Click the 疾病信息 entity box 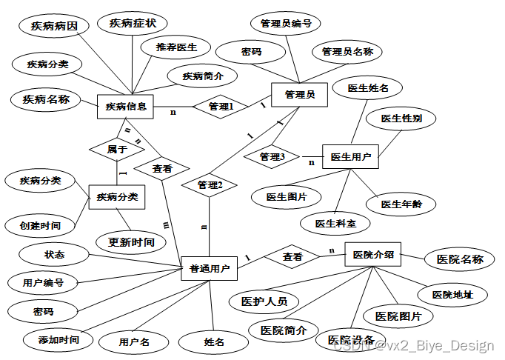coord(124,107)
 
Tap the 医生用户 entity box coord(350,156)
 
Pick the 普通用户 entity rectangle coord(210,268)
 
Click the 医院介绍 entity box coord(373,256)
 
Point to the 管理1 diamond coord(221,107)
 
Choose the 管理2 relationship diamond coord(210,184)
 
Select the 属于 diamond coord(117,149)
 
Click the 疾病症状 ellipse coord(133,23)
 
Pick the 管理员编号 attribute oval coord(285,24)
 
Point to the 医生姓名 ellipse coord(368,88)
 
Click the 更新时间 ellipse coord(131,241)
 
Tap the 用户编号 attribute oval coord(43,282)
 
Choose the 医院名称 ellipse coord(460,259)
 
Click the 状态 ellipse coord(54,255)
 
